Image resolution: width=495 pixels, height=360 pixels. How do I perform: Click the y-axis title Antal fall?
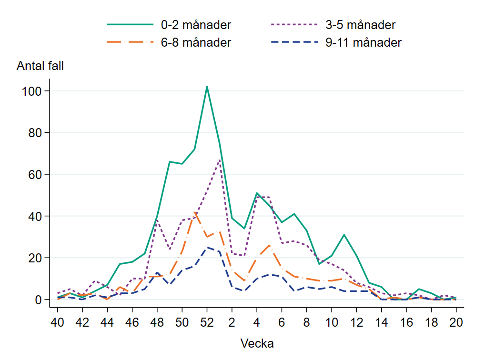click(40, 66)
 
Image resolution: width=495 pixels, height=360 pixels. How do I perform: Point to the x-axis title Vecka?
click(257, 343)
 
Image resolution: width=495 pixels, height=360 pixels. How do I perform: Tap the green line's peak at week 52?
click(207, 87)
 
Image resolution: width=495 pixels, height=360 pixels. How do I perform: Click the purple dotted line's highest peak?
click(219, 160)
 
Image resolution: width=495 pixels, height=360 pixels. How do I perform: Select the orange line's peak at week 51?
click(194, 212)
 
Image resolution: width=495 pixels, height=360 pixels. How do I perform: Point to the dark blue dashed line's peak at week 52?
click(207, 247)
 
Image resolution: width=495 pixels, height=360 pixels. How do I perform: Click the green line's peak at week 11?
click(344, 235)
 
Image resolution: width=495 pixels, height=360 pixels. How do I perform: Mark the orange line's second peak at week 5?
click(269, 245)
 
